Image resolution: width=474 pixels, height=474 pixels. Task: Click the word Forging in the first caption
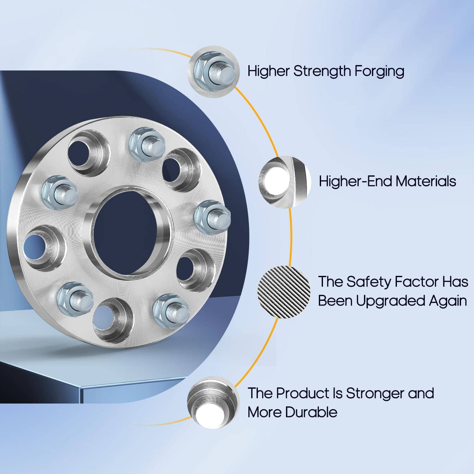[379, 71]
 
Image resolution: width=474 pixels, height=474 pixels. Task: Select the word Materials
[426, 181]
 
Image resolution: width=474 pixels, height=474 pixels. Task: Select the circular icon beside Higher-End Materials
[285, 182]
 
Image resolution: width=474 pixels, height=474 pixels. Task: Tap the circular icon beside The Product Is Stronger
[213, 401]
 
